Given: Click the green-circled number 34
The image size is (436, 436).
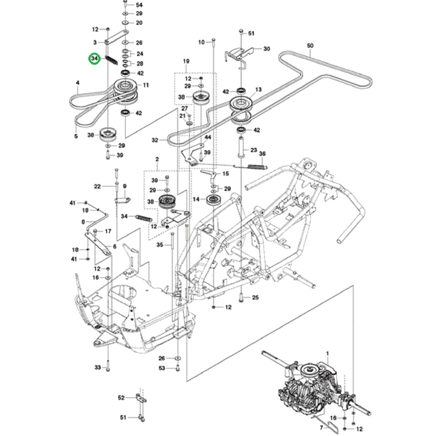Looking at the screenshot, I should tap(95, 59).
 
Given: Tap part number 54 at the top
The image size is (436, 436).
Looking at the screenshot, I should tap(139, 4).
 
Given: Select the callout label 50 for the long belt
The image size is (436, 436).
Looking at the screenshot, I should tap(311, 45).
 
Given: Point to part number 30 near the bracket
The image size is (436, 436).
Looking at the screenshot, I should tap(267, 49).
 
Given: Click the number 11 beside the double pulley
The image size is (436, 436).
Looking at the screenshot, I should tap(146, 85).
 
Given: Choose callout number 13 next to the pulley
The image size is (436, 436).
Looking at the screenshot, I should tap(258, 90).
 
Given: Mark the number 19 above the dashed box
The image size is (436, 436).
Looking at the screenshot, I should tap(185, 60).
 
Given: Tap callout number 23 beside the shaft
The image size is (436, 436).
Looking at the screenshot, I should tap(254, 150).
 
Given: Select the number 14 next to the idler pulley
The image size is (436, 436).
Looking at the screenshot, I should tap(196, 200).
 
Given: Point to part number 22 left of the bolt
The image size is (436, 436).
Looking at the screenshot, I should tap(97, 186).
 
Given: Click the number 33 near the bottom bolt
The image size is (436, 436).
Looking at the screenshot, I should tap(97, 368).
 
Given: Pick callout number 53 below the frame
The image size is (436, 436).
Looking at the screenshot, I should tap(161, 369).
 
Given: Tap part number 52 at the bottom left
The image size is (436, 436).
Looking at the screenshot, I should tap(121, 397).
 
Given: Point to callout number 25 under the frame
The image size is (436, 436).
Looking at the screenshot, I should tap(255, 298).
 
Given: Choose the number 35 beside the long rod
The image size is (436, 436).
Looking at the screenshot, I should tap(160, 245).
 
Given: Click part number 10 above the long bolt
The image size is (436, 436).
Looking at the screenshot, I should tap(201, 42).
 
